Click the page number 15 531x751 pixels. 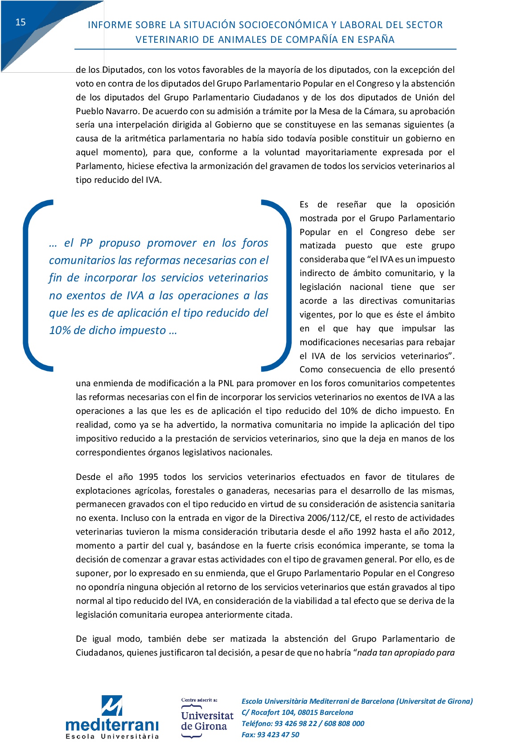click(21, 22)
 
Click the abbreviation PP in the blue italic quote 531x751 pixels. click(86, 243)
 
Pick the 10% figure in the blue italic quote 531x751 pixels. click(59, 330)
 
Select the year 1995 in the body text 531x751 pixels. click(148, 477)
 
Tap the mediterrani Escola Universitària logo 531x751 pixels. click(112, 718)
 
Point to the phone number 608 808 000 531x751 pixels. click(344, 724)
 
